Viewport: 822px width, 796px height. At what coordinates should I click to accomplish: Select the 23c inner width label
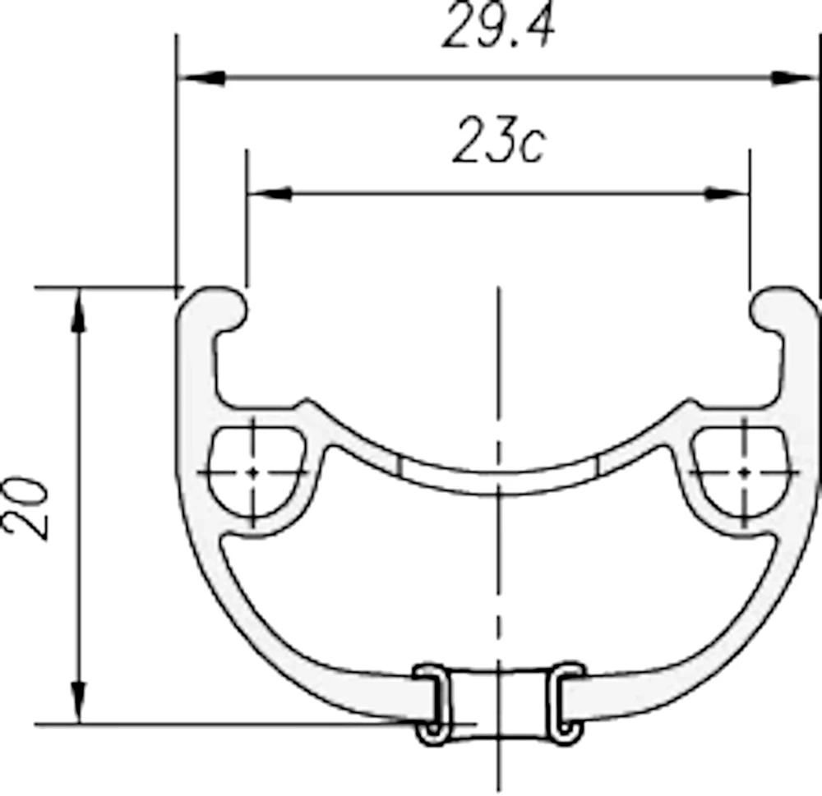(499, 140)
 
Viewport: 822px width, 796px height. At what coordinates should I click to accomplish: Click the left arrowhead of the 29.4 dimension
(202, 78)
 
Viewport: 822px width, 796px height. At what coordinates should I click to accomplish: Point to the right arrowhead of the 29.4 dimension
(794, 78)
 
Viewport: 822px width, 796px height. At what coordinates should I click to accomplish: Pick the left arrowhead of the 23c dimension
(270, 193)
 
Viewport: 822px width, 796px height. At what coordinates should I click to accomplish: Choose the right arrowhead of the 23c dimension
(727, 193)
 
